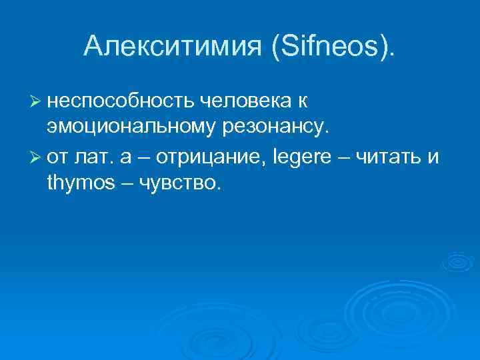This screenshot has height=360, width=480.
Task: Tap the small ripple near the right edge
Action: [x=459, y=261]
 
